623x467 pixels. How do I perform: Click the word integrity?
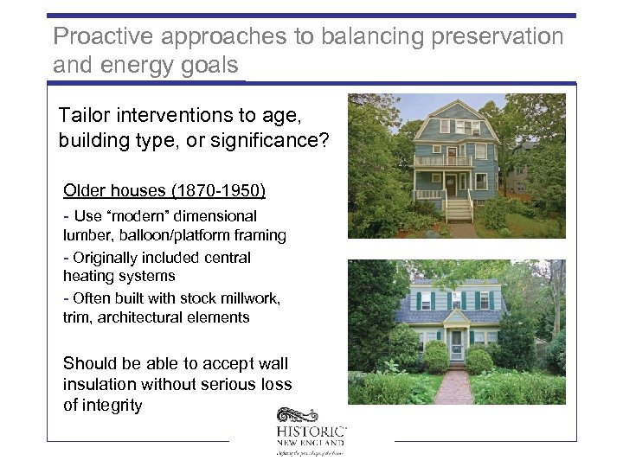[112, 405]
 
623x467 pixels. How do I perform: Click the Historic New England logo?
[311, 431]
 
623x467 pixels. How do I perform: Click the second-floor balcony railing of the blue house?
[443, 160]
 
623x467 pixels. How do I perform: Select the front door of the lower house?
[456, 343]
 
